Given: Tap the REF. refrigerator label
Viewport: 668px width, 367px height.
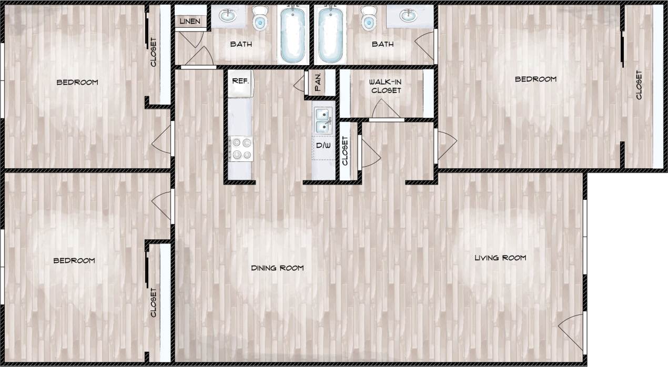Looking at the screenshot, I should (240, 81).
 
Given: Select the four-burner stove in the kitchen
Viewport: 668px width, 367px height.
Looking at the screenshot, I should (240, 148).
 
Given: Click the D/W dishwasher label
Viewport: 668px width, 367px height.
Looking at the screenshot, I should (323, 145).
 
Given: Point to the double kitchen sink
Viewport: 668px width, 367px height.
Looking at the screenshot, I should (322, 120).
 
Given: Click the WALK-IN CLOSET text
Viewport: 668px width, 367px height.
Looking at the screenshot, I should (385, 86).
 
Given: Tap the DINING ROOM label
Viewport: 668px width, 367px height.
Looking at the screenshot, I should (277, 268).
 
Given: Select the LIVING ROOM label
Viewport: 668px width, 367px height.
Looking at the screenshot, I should (500, 258).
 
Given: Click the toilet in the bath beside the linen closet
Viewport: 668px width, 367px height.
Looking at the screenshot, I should (260, 18).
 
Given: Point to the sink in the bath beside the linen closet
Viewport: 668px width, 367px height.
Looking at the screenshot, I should (227, 16).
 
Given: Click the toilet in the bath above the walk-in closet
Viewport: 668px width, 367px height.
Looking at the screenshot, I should (369, 18).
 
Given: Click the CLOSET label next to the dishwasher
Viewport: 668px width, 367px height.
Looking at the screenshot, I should (345, 151).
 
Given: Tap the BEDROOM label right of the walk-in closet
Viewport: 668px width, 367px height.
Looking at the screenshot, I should (535, 79).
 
